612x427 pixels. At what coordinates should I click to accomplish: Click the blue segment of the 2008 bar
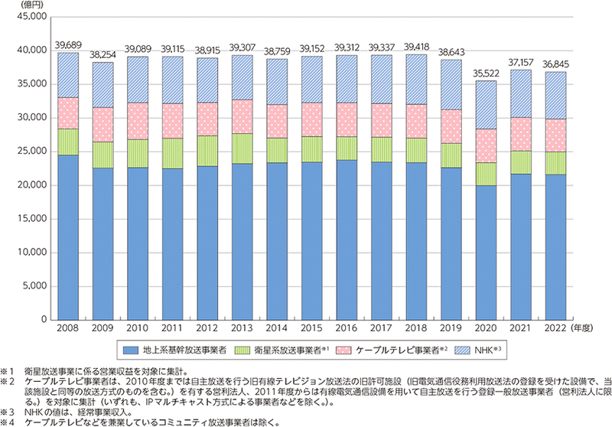68,237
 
